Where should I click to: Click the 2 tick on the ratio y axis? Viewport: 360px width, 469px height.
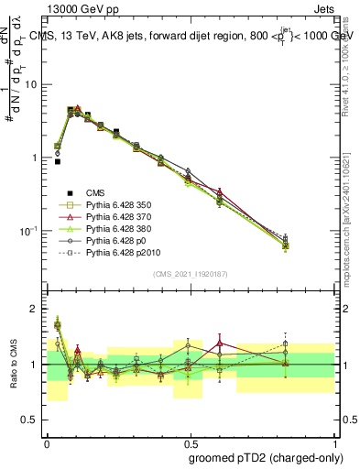click(x=37, y=309)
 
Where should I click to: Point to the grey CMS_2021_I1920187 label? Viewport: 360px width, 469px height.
click(x=190, y=274)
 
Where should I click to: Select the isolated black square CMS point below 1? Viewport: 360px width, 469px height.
click(x=57, y=161)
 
